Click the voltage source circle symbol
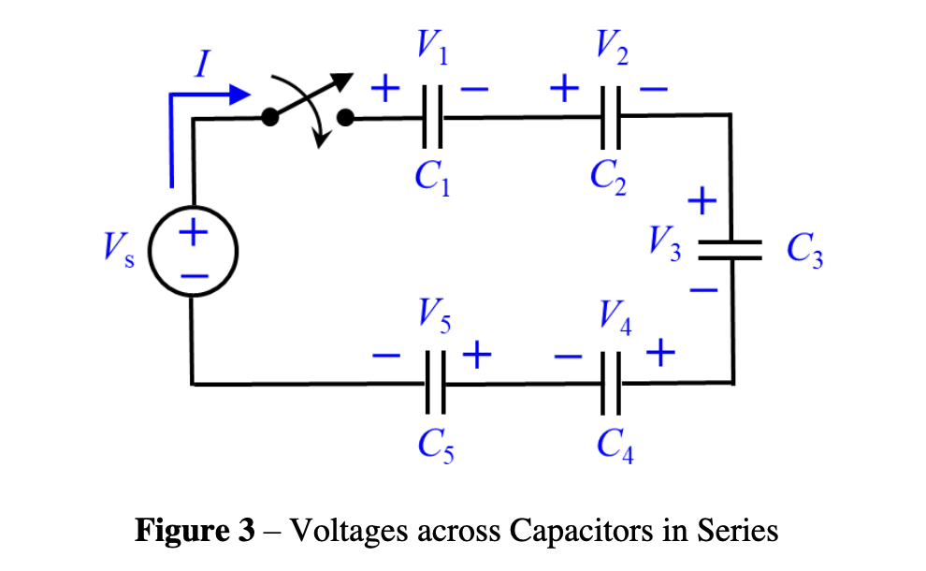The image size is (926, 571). pyautogui.click(x=194, y=253)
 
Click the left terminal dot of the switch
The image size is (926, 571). pyautogui.click(x=270, y=117)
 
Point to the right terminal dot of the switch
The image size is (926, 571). pyautogui.click(x=345, y=117)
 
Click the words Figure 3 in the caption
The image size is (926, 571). pyautogui.click(x=195, y=531)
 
